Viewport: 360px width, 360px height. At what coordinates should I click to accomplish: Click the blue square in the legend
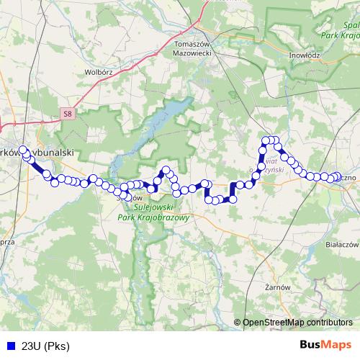[11, 345]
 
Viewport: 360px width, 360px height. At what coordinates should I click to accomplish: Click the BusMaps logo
[325, 345]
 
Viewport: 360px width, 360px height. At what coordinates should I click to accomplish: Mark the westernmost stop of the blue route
[23, 150]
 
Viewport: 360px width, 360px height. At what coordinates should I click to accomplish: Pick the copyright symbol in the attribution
[238, 323]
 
